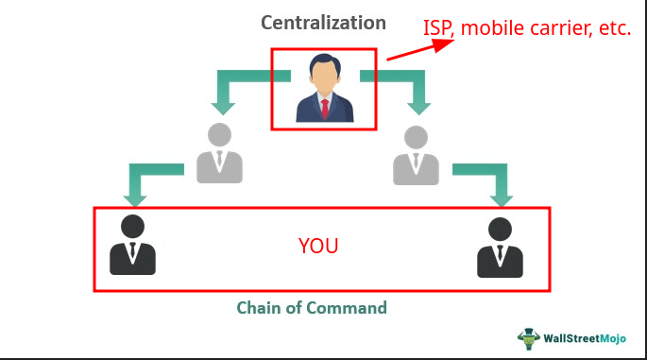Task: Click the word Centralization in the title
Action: tap(324, 22)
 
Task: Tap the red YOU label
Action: tap(317, 248)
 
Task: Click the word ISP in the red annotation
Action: tap(440, 28)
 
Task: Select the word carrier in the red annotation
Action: tap(557, 28)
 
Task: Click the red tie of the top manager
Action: tap(324, 106)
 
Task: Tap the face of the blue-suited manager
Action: tap(324, 72)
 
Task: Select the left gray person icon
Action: tap(219, 153)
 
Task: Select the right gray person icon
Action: tap(416, 153)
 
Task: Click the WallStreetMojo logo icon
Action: tap(528, 336)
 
